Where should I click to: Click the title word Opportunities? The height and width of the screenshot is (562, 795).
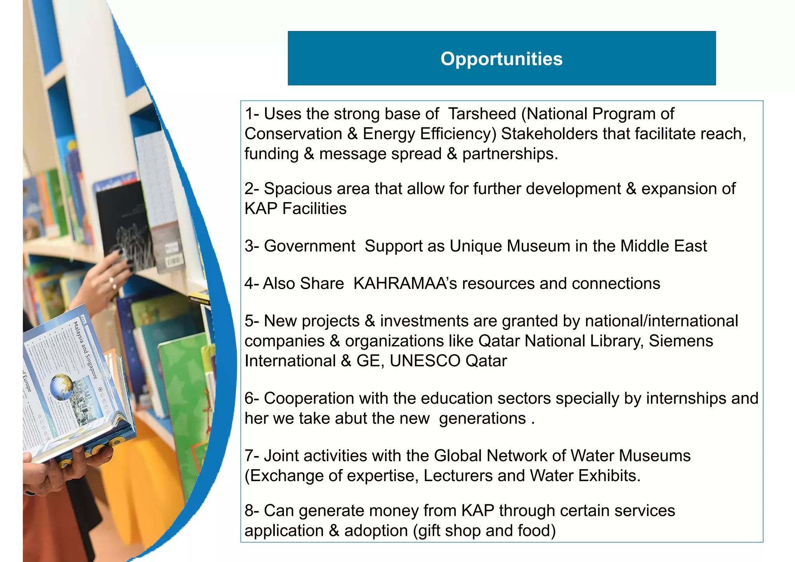click(x=501, y=59)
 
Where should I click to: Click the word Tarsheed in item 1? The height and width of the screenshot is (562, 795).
click(x=482, y=114)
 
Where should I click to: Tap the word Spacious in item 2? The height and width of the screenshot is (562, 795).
click(x=297, y=189)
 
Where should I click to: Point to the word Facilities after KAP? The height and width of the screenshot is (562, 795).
click(x=314, y=209)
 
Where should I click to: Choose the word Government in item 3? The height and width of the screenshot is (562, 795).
click(x=309, y=246)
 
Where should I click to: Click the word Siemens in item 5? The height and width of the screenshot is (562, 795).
click(x=681, y=341)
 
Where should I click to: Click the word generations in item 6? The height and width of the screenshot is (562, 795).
click(x=482, y=419)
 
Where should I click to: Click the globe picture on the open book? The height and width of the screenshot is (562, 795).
click(x=62, y=387)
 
